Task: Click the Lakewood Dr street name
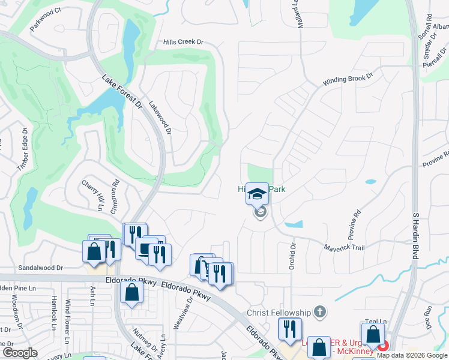(161, 117)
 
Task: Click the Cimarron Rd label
(115, 196)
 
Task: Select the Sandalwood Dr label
(41, 268)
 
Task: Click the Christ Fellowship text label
(279, 313)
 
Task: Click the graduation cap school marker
(258, 194)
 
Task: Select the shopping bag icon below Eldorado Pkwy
(131, 293)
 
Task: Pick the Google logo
(20, 353)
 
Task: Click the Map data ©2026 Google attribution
(412, 355)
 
